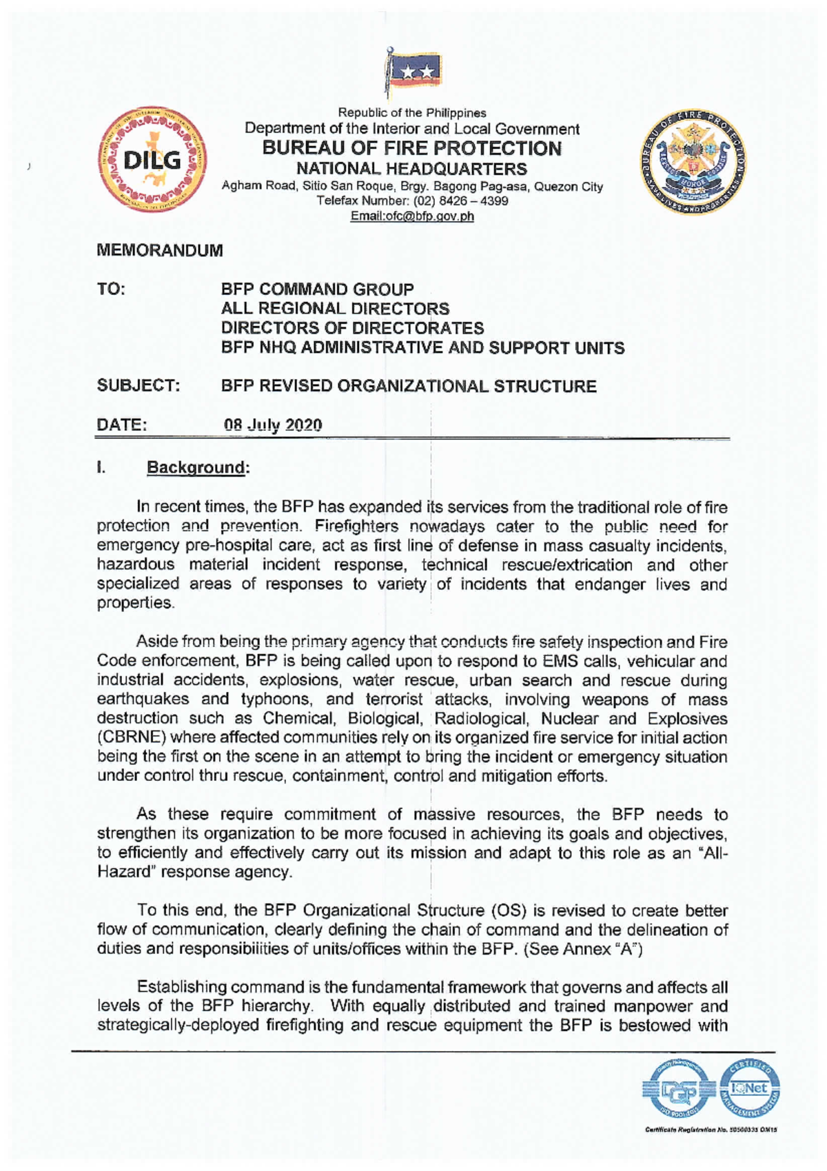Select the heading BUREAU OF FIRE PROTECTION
click(413, 148)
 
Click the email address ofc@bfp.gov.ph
click(412, 216)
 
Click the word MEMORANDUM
click(160, 251)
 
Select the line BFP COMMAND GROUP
click(317, 289)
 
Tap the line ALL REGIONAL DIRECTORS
click(335, 309)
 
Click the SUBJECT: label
click(139, 386)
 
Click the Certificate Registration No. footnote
click(711, 1130)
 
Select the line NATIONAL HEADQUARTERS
click(411, 169)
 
